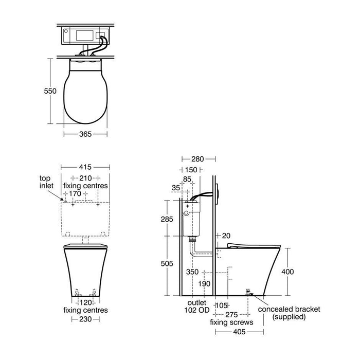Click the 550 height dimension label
49,91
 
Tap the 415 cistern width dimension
85,168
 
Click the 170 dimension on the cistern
75,194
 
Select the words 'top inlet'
46,181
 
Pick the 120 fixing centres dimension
85,302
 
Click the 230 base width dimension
85,319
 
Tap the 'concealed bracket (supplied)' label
289,313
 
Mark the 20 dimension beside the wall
225,236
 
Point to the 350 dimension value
192,271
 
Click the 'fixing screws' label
231,322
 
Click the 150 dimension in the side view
191,169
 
